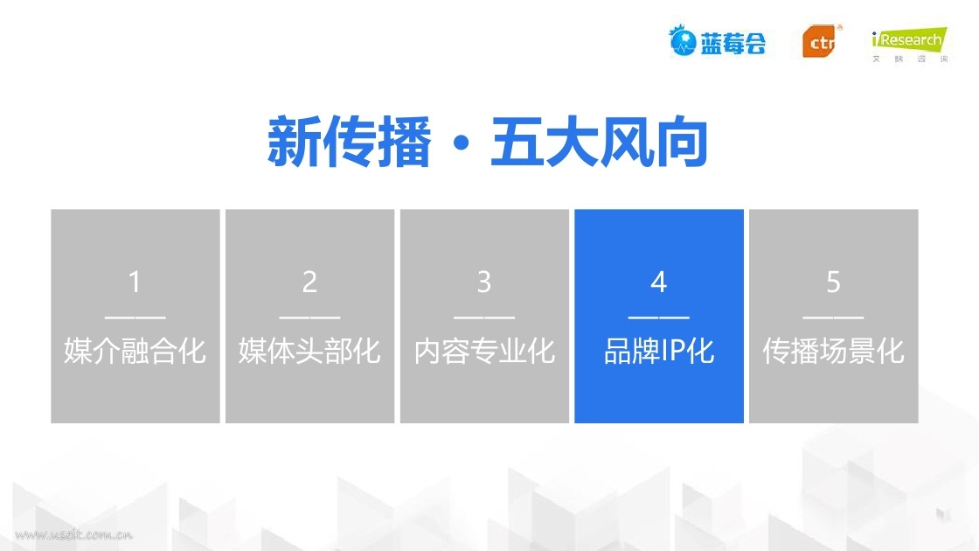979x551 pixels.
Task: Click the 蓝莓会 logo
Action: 718,41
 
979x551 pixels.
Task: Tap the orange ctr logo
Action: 821,41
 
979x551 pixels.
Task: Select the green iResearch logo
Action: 910,45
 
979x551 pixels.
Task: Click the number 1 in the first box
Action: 135,282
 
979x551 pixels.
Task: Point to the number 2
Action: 309,282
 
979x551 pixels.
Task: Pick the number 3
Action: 484,282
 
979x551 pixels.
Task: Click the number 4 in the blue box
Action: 659,282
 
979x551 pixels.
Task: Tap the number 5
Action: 834,282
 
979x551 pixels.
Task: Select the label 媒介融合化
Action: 135,351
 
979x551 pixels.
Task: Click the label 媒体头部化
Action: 309,351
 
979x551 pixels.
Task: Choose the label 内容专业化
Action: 484,351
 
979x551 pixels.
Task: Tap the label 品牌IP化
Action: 659,351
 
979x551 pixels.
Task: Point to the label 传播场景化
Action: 834,351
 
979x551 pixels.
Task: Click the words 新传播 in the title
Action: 349,142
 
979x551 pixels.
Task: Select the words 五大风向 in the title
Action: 600,142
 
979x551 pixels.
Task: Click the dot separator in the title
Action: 462,143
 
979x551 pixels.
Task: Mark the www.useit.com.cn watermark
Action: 73,534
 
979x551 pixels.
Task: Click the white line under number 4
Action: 659,317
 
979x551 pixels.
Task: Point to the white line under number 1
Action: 135,317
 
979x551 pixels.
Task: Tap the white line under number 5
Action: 834,317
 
